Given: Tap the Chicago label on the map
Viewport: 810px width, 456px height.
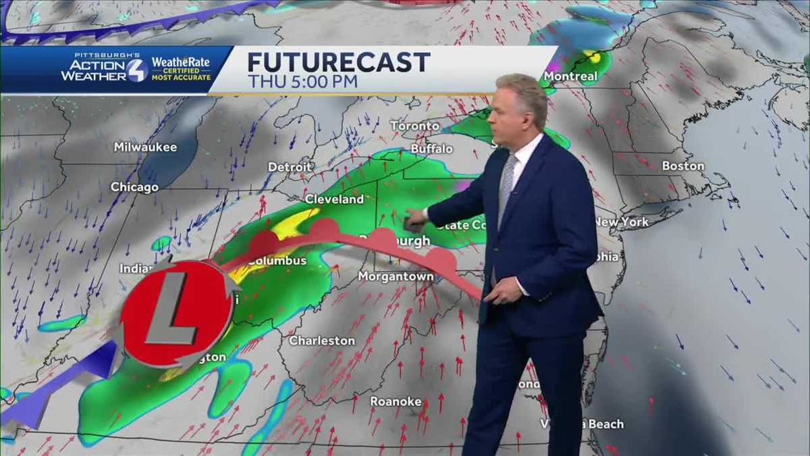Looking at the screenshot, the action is pyautogui.click(x=134, y=187).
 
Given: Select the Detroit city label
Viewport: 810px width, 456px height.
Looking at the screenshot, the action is pyautogui.click(x=290, y=167).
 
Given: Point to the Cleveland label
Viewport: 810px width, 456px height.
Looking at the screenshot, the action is pyautogui.click(x=334, y=199).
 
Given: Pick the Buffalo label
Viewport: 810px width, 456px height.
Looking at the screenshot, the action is pyautogui.click(x=431, y=148).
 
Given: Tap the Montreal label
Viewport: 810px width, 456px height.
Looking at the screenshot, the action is pyautogui.click(x=570, y=76).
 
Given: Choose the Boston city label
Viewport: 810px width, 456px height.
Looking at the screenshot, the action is pyautogui.click(x=682, y=166).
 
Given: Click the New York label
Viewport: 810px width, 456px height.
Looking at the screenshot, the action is pyautogui.click(x=621, y=222).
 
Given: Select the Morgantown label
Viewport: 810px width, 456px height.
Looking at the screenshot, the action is pyautogui.click(x=396, y=276).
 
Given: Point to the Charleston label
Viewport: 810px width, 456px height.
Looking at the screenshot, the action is pyautogui.click(x=322, y=340).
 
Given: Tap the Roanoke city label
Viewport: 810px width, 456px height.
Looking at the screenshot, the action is pyautogui.click(x=396, y=401).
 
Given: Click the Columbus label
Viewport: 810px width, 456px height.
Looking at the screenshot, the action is pyautogui.click(x=277, y=261).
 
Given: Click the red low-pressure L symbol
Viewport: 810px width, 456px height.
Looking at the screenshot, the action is pyautogui.click(x=176, y=311).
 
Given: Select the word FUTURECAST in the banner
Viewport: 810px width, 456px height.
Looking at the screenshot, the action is pyautogui.click(x=338, y=62).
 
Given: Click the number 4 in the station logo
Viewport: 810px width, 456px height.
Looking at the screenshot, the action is pyautogui.click(x=136, y=70).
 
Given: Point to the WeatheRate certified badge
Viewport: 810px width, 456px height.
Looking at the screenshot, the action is pyautogui.click(x=180, y=68).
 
